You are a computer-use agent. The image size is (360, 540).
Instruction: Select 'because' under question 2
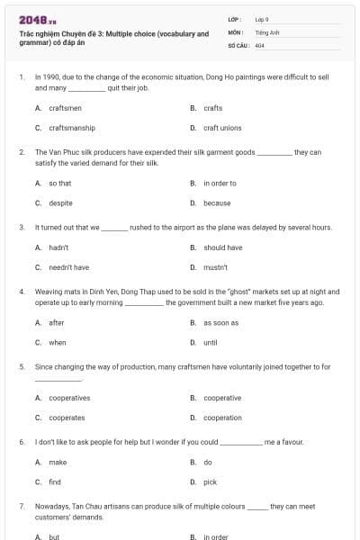click(x=217, y=202)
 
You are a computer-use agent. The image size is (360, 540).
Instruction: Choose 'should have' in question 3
click(x=222, y=247)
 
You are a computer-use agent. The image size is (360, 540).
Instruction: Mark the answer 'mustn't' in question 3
click(x=215, y=267)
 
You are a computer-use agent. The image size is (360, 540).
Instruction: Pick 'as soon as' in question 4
click(x=220, y=322)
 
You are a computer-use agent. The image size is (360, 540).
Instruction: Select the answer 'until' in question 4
click(x=211, y=342)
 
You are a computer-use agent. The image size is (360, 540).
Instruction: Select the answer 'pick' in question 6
click(x=210, y=482)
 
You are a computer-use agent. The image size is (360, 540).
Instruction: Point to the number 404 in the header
click(x=259, y=45)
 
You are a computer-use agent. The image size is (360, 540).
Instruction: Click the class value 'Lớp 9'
click(x=262, y=18)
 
